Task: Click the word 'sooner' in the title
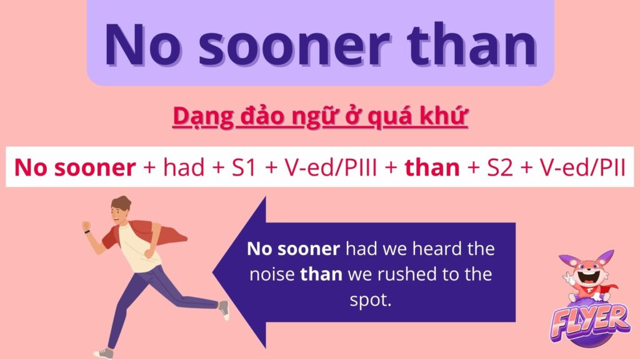[x=294, y=45]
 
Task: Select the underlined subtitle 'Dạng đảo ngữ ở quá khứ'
[x=320, y=116]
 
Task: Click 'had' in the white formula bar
[x=183, y=167]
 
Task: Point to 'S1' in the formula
[x=244, y=167]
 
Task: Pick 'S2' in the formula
[x=500, y=167]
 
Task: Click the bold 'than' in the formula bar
[x=432, y=167]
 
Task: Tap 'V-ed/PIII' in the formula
[x=331, y=167]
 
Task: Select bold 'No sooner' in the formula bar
[x=75, y=167]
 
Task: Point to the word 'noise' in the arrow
[x=272, y=274]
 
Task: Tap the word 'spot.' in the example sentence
[x=371, y=300]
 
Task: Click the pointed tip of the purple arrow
[x=214, y=272]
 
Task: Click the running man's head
[x=121, y=209]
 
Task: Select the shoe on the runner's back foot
[x=224, y=310]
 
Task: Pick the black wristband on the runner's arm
[x=87, y=232]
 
